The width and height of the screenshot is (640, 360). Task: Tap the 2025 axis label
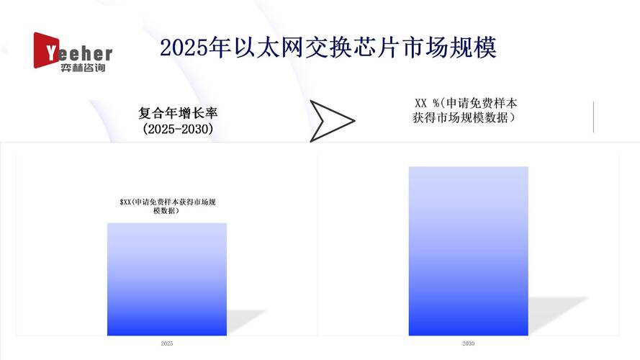tap(167, 344)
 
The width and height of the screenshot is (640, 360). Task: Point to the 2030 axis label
tap(468, 344)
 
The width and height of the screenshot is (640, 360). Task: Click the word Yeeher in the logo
tap(78, 53)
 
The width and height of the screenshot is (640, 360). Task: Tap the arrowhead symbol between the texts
tap(331, 120)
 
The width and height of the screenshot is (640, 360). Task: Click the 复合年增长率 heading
tap(178, 114)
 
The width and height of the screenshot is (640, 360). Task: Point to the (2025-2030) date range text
tap(178, 130)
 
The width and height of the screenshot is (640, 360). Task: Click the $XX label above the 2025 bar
tap(168, 207)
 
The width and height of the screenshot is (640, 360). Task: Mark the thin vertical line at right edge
tap(593, 117)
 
